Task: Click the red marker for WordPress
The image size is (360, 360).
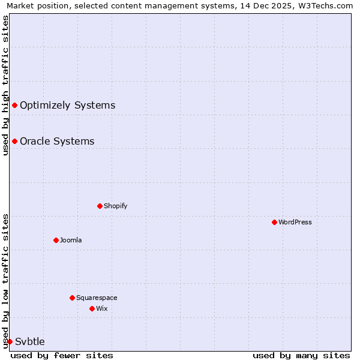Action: (274, 222)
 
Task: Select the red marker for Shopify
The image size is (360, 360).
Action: (100, 206)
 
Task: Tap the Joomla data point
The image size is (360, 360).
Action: (56, 240)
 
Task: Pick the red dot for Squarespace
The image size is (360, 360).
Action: (72, 298)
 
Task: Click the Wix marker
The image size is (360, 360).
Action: (92, 308)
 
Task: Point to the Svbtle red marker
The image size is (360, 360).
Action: (10, 341)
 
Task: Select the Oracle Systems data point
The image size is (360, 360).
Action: (14, 141)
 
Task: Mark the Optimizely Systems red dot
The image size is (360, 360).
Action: (14, 105)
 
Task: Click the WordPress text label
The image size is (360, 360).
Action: (295, 222)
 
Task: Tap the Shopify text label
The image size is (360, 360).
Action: (115, 206)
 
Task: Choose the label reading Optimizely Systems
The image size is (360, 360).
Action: (67, 105)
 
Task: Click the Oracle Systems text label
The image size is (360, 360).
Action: (57, 141)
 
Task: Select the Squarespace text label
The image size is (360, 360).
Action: (97, 298)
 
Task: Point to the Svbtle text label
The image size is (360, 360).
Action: (30, 341)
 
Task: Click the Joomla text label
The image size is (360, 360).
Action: (71, 240)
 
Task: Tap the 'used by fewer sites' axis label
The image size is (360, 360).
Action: (62, 355)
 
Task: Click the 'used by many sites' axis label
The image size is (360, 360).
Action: (301, 355)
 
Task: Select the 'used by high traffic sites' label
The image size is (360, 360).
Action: (5, 85)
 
